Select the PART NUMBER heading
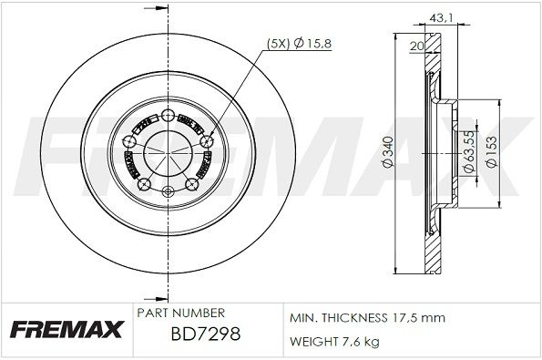pos(175,313)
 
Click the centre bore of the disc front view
pos(169,152)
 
